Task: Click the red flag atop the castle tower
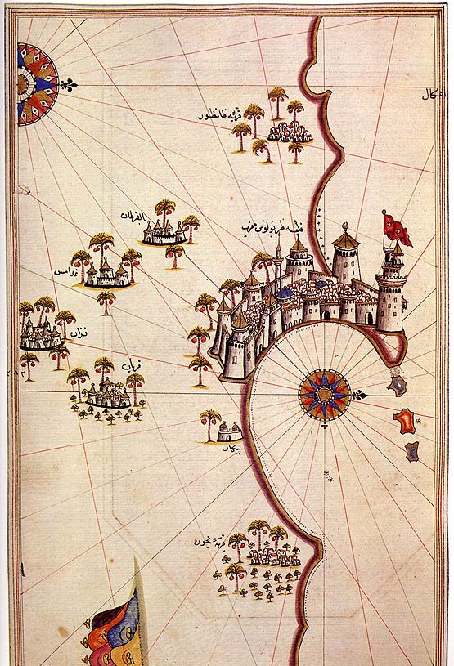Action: point(397,227)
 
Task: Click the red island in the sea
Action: point(404,421)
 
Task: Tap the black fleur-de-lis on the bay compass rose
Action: point(358,396)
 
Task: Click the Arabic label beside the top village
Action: point(212,116)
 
